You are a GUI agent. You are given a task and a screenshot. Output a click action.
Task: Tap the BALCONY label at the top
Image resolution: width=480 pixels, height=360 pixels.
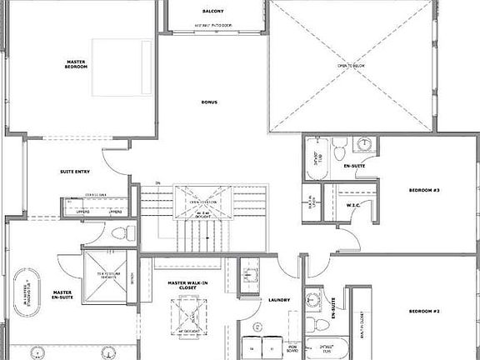[x=212, y=11]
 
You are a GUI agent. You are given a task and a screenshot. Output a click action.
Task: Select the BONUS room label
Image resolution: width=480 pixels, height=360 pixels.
[x=209, y=102]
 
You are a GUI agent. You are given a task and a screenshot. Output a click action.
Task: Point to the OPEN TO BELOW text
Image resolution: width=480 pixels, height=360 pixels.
[x=352, y=65]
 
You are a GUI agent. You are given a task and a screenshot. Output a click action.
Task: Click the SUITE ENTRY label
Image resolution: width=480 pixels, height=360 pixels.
[x=75, y=172]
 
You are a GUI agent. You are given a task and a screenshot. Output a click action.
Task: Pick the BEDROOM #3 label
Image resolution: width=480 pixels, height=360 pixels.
[x=424, y=191]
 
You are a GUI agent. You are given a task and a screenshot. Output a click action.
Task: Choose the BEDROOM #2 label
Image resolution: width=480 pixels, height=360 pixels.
[x=424, y=311]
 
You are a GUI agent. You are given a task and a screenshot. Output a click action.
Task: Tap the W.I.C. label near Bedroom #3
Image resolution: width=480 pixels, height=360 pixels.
[x=352, y=205]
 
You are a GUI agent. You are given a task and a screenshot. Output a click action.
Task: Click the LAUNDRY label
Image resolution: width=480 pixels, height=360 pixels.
[x=278, y=300]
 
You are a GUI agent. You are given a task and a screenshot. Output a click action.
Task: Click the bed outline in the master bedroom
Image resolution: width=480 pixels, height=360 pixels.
[x=120, y=67]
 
